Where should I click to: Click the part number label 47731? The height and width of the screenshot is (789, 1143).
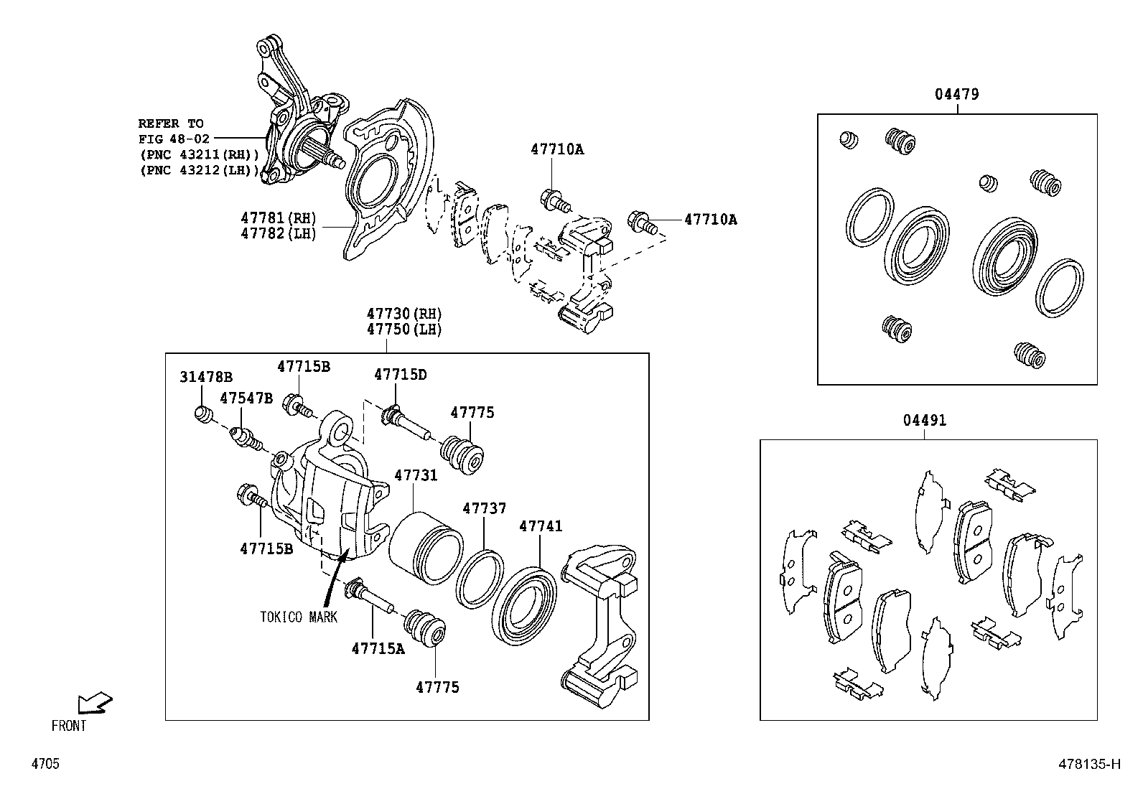pyautogui.click(x=415, y=475)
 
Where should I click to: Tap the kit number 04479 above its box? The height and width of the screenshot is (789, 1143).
pyautogui.click(x=956, y=94)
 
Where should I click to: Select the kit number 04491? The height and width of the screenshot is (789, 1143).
pyautogui.click(x=925, y=420)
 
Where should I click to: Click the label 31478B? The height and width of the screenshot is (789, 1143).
pyautogui.click(x=206, y=377)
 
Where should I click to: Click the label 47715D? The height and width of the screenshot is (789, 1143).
pyautogui.click(x=400, y=374)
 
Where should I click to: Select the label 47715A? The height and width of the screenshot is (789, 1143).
pyautogui.click(x=378, y=648)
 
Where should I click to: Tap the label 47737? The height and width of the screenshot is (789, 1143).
pyautogui.click(x=484, y=508)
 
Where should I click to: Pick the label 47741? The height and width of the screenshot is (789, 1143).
pyautogui.click(x=541, y=526)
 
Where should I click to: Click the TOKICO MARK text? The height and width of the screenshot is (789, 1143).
pyautogui.click(x=299, y=617)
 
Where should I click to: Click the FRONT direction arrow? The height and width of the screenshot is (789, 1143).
pyautogui.click(x=94, y=703)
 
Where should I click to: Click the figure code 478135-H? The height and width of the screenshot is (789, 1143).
pyautogui.click(x=1088, y=764)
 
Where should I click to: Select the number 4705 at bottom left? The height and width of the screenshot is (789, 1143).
pyautogui.click(x=45, y=764)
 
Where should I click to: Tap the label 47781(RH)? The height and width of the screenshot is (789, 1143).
pyautogui.click(x=278, y=218)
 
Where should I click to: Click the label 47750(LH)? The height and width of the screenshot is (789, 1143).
pyautogui.click(x=403, y=330)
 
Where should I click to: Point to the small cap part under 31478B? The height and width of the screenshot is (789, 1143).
pyautogui.click(x=204, y=414)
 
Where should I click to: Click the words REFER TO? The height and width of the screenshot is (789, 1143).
pyautogui.click(x=171, y=123)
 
